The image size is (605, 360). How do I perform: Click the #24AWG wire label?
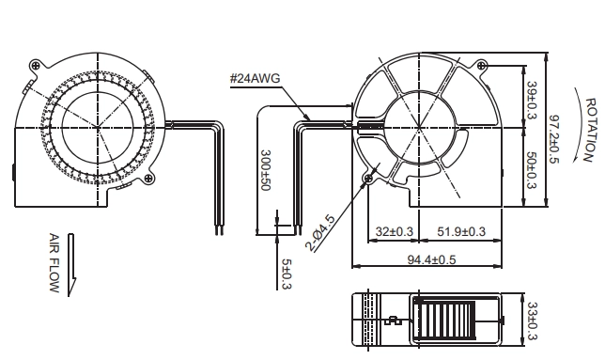pos(255,79)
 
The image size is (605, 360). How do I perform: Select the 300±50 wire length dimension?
pos(266,170)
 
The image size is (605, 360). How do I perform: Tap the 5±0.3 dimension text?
pos(287,274)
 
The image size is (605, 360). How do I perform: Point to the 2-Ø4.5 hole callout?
pos(320,233)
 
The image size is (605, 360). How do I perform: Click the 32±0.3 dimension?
pos(394,231)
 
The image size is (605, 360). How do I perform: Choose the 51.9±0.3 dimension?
pos(461,231)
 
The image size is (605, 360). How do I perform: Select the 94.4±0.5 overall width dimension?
pos(431,259)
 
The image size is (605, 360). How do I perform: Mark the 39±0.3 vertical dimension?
pos(532,100)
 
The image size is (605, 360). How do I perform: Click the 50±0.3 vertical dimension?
pos(532,170)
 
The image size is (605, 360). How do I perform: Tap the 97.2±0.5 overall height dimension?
pos(553,139)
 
